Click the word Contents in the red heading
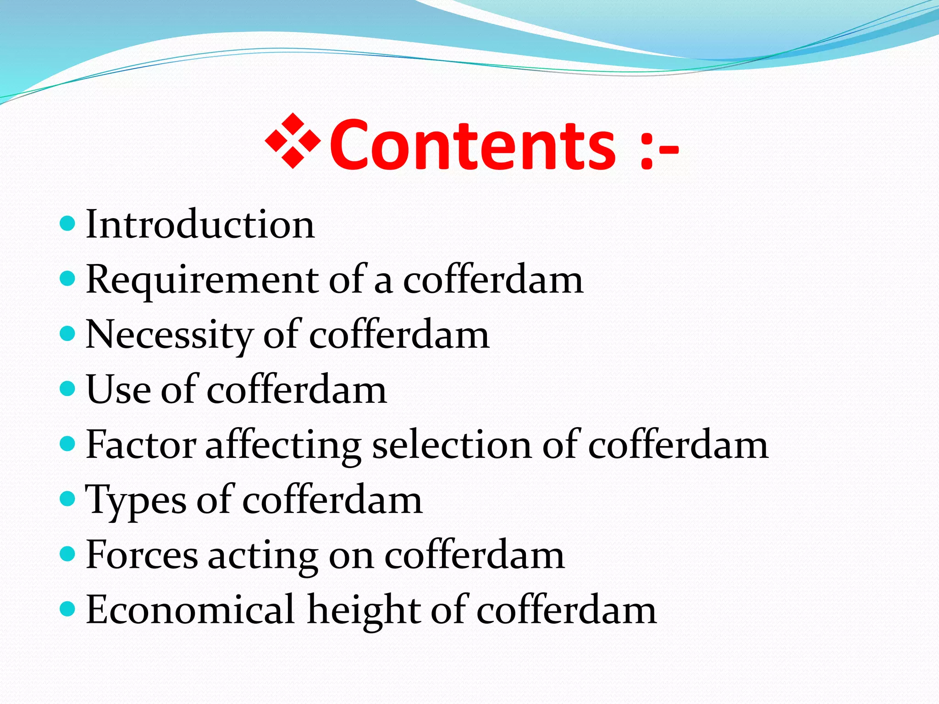[472, 146]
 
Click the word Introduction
[200, 225]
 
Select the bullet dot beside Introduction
[67, 224]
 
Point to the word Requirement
[202, 280]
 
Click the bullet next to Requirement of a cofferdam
[67, 279]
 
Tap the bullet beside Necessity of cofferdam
[67, 334]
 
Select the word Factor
[141, 445]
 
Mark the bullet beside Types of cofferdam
[67, 499]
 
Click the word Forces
[142, 555]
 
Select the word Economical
[190, 610]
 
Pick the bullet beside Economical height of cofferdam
[67, 609]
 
